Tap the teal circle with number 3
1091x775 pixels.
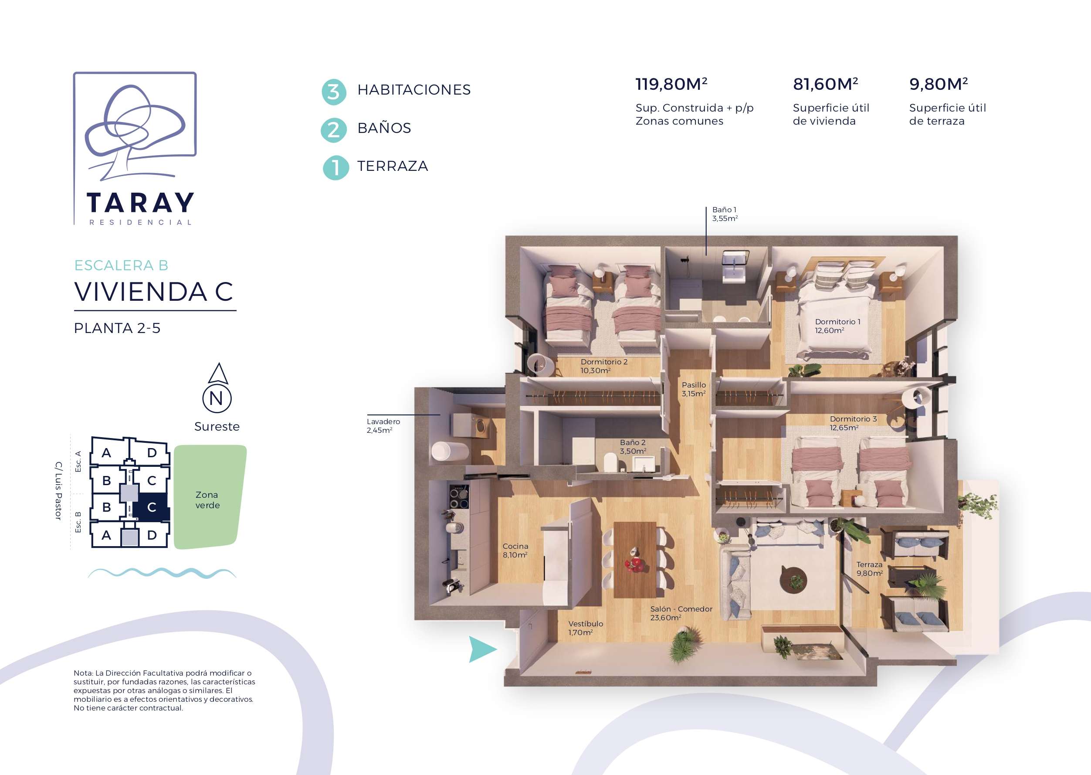coord(334,92)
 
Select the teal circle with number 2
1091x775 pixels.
coord(334,130)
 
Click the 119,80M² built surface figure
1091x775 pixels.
coord(671,84)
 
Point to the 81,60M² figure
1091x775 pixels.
coord(825,84)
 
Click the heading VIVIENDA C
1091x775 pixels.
coord(154,292)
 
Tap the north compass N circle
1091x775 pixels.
coord(217,398)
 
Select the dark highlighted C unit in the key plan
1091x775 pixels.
coord(152,507)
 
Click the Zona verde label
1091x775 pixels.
coord(207,500)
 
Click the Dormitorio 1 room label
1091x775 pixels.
coord(837,326)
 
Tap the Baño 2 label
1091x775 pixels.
coord(633,447)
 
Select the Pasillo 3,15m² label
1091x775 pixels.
coord(694,389)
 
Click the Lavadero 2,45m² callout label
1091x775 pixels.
coord(383,426)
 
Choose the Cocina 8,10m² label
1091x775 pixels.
coord(515,550)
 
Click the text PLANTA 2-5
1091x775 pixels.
coord(117,328)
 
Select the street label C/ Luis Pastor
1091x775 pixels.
coord(58,490)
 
